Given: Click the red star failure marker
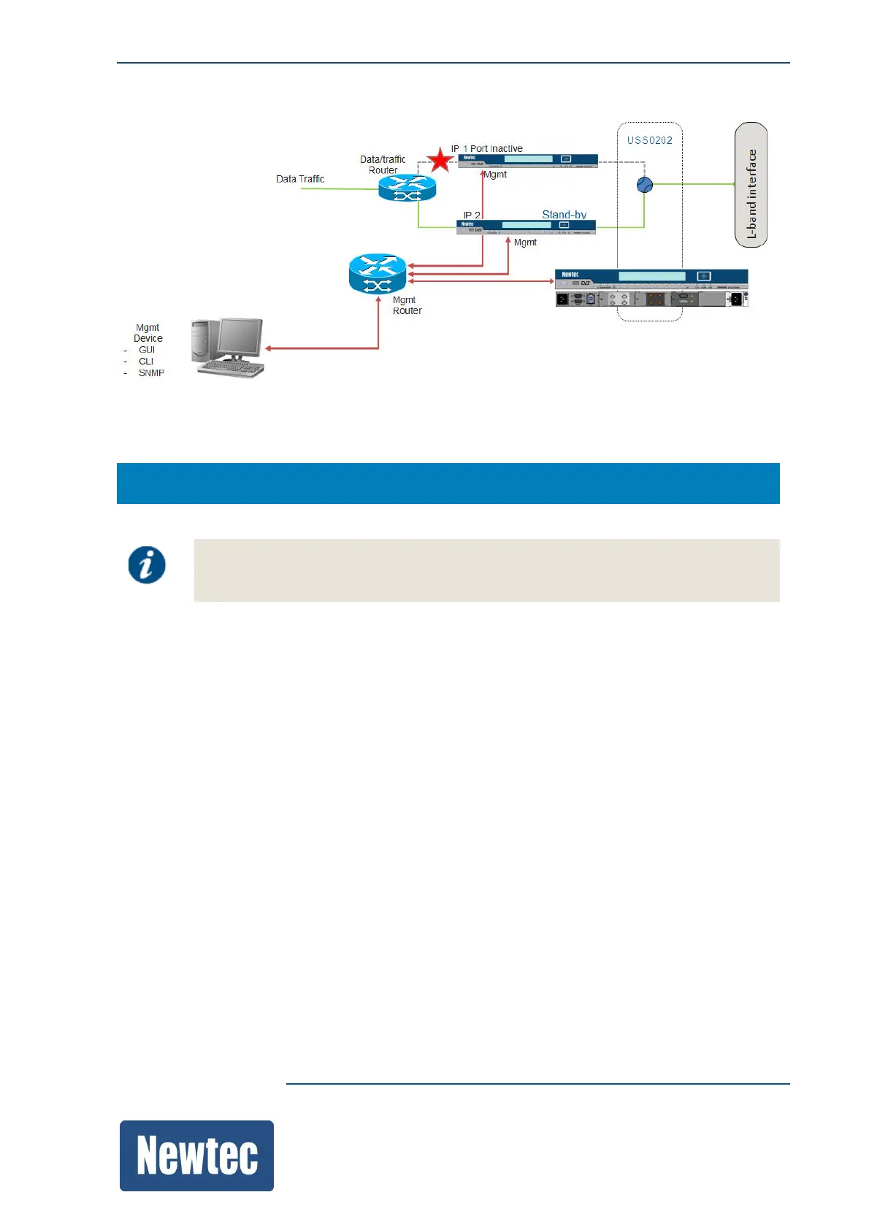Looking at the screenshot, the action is tap(440, 160).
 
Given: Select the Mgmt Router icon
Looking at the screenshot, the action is tap(377, 273).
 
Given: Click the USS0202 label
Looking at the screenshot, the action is tap(649, 140).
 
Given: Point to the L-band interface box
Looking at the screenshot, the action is tap(751, 185).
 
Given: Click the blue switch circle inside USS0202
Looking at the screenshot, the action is tap(644, 186).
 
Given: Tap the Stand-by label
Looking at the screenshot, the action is tap(564, 215).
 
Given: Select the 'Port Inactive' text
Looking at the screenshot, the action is tap(496, 148).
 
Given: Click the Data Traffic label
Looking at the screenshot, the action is tap(300, 179).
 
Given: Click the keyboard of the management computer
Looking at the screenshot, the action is tap(231, 369).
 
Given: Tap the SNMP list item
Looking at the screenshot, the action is tap(151, 373).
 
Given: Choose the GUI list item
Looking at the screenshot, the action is tap(147, 350).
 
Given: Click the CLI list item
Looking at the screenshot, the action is tap(146, 362).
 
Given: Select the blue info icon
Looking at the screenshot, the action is tap(147, 565).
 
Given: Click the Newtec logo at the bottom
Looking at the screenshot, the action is tap(196, 1155).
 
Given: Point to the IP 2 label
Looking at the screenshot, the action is tap(472, 215).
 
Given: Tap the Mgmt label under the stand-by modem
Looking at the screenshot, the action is tap(525, 242).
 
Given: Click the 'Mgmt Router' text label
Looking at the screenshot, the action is tap(407, 305).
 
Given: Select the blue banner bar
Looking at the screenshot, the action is tap(448, 483).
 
